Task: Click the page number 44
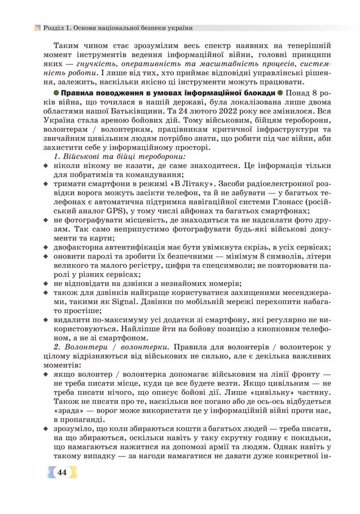[63, 472]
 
